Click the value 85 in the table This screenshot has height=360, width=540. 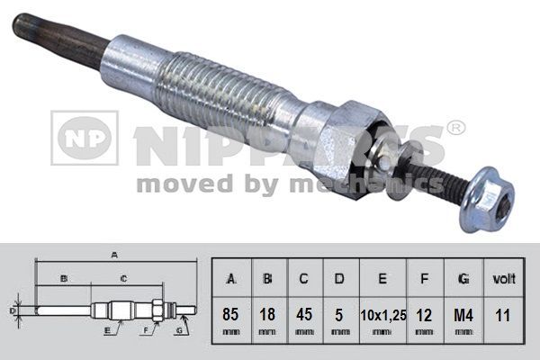click(231, 315)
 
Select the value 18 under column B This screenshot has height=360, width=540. click(267, 315)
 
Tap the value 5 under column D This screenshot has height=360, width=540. click(337, 315)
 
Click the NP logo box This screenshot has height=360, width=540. click(84, 138)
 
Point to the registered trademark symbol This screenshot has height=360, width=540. click(456, 129)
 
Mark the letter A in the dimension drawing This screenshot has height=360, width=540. click(115, 255)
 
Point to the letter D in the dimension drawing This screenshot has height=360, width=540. click(12, 310)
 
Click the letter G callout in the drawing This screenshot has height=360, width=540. click(179, 331)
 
